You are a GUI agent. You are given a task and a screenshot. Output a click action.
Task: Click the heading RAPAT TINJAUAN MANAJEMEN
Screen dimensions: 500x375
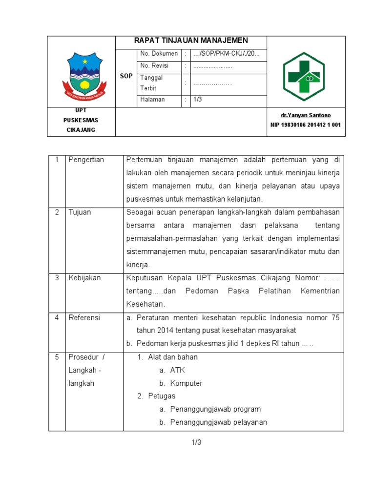click(x=191, y=41)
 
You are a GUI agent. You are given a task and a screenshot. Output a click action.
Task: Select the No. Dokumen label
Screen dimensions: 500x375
click(x=159, y=54)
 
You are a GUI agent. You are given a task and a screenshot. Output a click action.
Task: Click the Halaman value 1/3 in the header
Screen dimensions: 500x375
click(x=198, y=100)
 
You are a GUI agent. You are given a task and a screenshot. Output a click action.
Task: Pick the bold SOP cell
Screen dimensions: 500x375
click(x=126, y=76)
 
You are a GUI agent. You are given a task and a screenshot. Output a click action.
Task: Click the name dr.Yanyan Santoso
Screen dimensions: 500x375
click(x=306, y=115)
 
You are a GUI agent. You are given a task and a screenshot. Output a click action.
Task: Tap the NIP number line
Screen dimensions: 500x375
click(x=306, y=125)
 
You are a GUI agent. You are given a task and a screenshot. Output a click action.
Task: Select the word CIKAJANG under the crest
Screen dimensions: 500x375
click(x=81, y=130)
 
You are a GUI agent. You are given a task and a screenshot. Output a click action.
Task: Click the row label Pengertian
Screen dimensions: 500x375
click(x=86, y=160)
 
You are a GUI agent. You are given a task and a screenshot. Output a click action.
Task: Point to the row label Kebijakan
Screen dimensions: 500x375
click(x=84, y=278)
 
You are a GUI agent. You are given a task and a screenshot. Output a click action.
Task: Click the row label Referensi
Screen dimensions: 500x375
click(x=84, y=317)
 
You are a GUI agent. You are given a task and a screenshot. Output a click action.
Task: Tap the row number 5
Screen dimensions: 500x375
click(x=57, y=357)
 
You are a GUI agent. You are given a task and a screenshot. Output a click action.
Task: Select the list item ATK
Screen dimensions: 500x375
click(x=177, y=370)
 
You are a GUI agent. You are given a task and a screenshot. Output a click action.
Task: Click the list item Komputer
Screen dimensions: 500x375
click(x=186, y=383)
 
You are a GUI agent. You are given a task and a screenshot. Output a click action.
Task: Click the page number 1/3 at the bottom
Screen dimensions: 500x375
click(x=196, y=442)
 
